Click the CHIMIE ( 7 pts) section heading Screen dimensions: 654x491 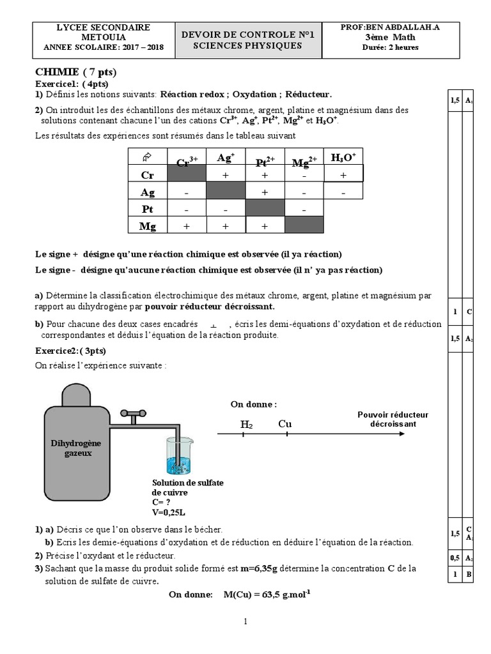point(76,72)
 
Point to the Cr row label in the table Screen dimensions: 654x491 point(148,174)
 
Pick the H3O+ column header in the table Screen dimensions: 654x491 point(343,157)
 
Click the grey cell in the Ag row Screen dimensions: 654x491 point(226,191)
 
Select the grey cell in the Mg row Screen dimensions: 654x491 point(304,226)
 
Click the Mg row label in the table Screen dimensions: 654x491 point(148,226)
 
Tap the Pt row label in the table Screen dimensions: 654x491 point(148,209)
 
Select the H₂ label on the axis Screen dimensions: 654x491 point(246,424)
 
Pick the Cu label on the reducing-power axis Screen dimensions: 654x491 point(286,423)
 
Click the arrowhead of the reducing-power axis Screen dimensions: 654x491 point(400,434)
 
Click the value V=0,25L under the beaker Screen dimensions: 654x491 point(169,512)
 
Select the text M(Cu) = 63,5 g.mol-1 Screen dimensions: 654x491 point(267,595)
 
